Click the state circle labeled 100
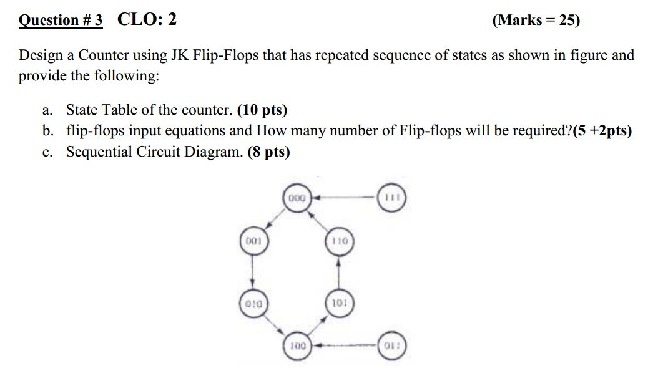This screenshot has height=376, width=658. tap(298, 344)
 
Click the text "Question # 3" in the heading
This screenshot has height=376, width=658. tap(61, 21)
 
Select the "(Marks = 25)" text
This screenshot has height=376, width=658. tap(536, 21)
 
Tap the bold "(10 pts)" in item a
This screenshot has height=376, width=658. tap(262, 110)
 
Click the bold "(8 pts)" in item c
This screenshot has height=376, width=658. tap(268, 152)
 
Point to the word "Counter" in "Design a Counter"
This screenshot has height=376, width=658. tap(101, 55)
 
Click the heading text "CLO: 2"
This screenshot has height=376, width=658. tap(147, 20)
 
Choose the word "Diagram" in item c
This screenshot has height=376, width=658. tap(220, 152)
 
